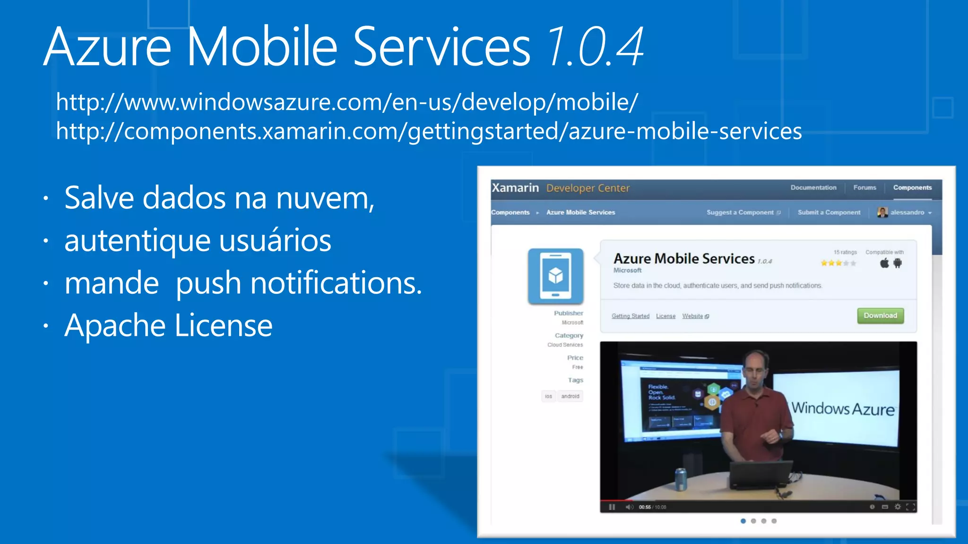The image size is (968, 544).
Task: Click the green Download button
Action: coord(880,315)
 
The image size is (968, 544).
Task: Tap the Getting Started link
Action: coord(630,316)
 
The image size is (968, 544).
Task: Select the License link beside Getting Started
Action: coord(665,316)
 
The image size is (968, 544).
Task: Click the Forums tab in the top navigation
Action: coord(864,187)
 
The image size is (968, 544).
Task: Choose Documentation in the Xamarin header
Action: coord(813,187)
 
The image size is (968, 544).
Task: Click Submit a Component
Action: coord(829,212)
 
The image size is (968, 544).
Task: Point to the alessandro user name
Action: coord(907,212)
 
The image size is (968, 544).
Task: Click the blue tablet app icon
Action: coord(555,276)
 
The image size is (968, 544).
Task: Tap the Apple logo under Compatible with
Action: coord(884,263)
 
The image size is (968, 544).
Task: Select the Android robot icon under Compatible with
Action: coord(898,263)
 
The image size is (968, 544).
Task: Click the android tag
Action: coord(570,396)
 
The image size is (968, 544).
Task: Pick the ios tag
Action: coord(548,396)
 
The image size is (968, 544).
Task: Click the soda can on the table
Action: coord(681,479)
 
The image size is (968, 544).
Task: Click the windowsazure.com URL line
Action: coord(347,102)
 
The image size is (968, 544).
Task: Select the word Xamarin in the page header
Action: coord(515,188)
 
